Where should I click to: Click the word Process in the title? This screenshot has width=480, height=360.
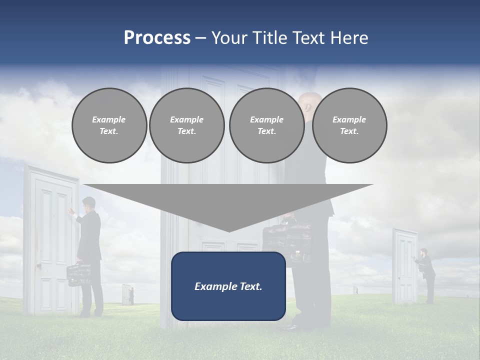click(157, 38)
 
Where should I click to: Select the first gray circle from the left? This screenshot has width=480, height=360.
click(109, 125)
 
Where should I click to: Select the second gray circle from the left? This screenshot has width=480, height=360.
click(186, 125)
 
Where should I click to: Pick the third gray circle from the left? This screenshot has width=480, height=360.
click(266, 125)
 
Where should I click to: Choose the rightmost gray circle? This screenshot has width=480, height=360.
click(349, 125)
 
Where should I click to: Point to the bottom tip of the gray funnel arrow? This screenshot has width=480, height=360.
click(229, 230)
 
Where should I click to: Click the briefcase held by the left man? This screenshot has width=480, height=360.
click(78, 274)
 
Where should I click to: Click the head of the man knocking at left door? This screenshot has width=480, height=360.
click(89, 204)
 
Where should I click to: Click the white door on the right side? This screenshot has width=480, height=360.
click(404, 266)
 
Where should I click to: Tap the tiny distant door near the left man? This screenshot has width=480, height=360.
click(127, 294)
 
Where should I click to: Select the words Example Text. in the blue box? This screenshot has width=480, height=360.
click(228, 286)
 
